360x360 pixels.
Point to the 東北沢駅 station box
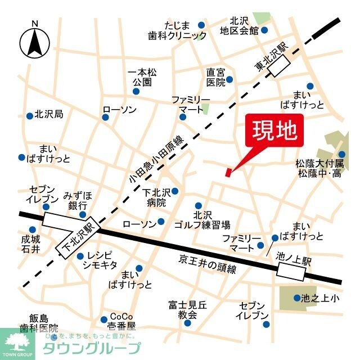280,68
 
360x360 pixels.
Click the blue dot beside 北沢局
29,116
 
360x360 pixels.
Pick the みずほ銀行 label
78,200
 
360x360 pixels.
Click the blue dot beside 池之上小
296,298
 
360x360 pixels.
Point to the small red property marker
228,172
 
